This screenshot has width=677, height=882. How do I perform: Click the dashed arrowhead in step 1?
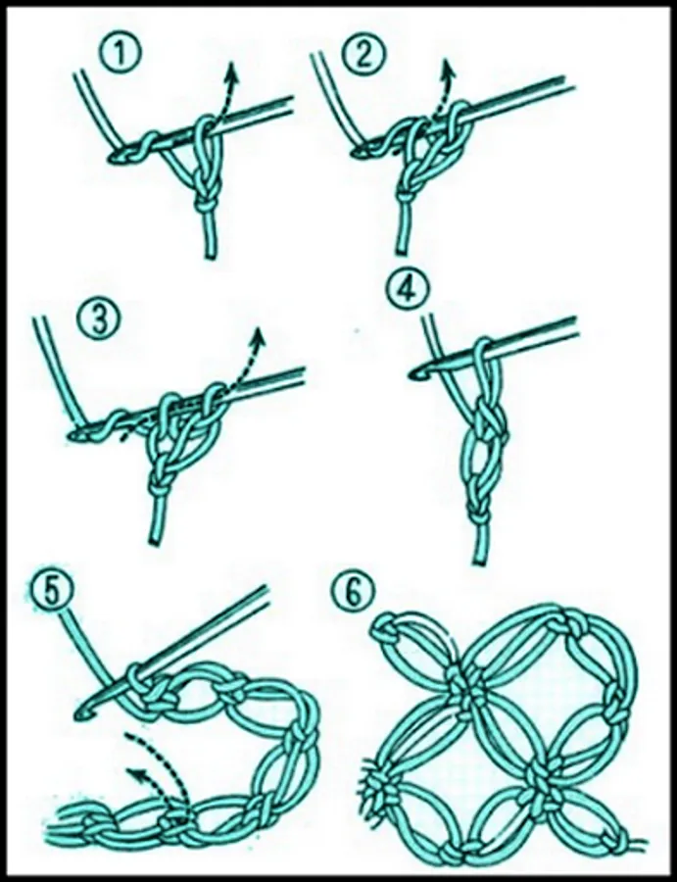pyautogui.click(x=228, y=71)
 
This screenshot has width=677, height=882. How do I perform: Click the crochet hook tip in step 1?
pyautogui.click(x=115, y=158)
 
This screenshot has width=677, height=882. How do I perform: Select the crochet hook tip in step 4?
pyautogui.click(x=416, y=373)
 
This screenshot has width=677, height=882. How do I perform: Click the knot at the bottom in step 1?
pyautogui.click(x=205, y=205)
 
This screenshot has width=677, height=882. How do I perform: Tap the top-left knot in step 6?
pyautogui.click(x=385, y=630)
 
